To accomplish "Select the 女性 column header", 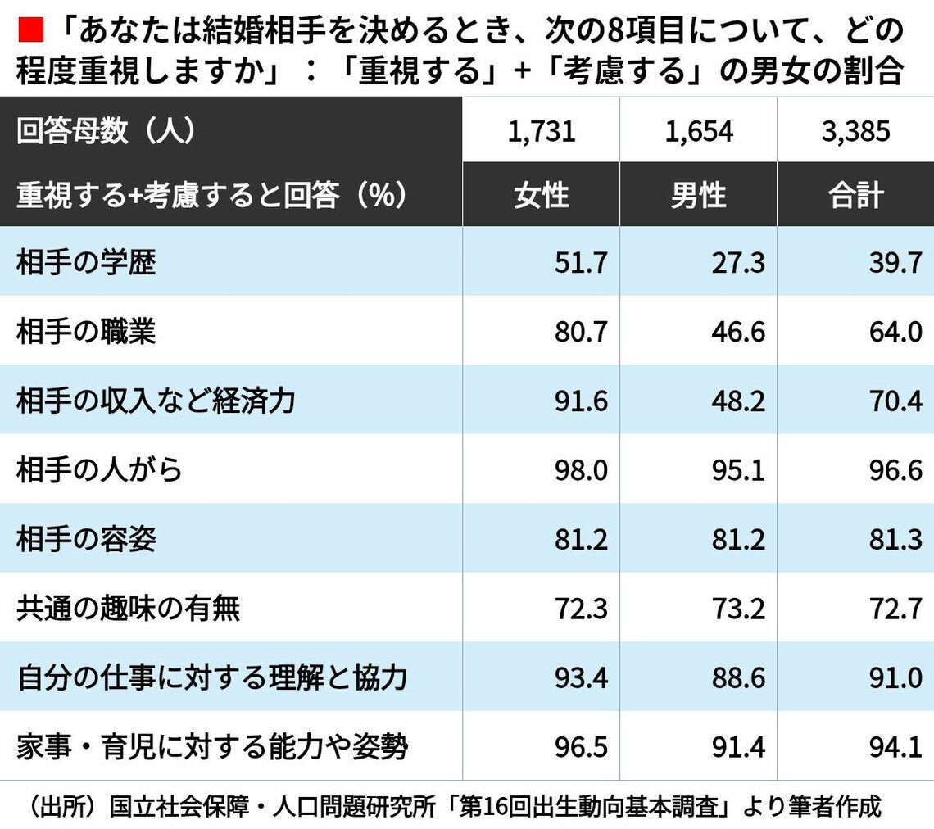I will [x=541, y=196].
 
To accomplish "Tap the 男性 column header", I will [x=698, y=196].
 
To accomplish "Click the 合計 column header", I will [x=855, y=196].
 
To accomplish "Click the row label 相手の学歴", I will [x=86, y=263].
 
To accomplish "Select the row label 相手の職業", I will [x=86, y=332].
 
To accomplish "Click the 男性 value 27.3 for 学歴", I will [x=737, y=263].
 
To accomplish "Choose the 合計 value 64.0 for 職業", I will [x=895, y=332].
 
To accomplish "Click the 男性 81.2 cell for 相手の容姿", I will [x=737, y=539].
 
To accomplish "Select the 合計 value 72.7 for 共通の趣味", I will [x=895, y=609].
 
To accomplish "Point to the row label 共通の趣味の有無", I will [x=128, y=609].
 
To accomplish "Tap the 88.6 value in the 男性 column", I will [x=737, y=677].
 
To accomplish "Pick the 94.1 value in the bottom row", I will [x=895, y=747].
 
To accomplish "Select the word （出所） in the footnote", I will [x=57, y=806].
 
